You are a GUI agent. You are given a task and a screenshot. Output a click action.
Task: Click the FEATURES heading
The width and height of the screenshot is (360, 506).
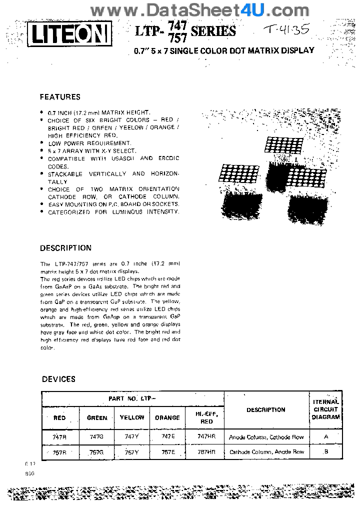click(x=60, y=97)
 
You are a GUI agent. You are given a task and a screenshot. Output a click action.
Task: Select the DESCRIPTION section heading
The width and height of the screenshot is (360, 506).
click(x=65, y=248)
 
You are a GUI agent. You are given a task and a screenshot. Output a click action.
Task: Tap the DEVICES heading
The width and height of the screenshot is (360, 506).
click(x=58, y=379)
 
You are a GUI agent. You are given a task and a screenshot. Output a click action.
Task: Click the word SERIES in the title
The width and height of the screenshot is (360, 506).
click(x=213, y=31)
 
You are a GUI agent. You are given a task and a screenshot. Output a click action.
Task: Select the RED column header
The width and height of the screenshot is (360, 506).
click(x=59, y=418)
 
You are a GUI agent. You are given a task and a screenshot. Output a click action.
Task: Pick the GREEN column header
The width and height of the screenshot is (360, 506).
click(x=97, y=418)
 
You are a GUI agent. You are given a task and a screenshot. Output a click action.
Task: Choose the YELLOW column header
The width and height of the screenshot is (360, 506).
click(x=132, y=417)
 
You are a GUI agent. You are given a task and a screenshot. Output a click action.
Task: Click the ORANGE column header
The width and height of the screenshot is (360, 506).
click(x=167, y=417)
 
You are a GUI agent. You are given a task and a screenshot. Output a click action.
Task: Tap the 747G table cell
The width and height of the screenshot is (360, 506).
click(x=97, y=437)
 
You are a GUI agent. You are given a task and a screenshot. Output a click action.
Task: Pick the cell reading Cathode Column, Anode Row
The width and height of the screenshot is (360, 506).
click(x=266, y=451)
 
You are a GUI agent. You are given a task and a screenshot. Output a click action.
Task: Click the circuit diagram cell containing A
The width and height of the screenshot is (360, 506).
click(x=326, y=436)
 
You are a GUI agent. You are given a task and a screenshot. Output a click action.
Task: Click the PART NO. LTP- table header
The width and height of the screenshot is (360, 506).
click(x=133, y=399)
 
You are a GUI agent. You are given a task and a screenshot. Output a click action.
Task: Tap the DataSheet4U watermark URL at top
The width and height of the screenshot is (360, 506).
click(x=200, y=9)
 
